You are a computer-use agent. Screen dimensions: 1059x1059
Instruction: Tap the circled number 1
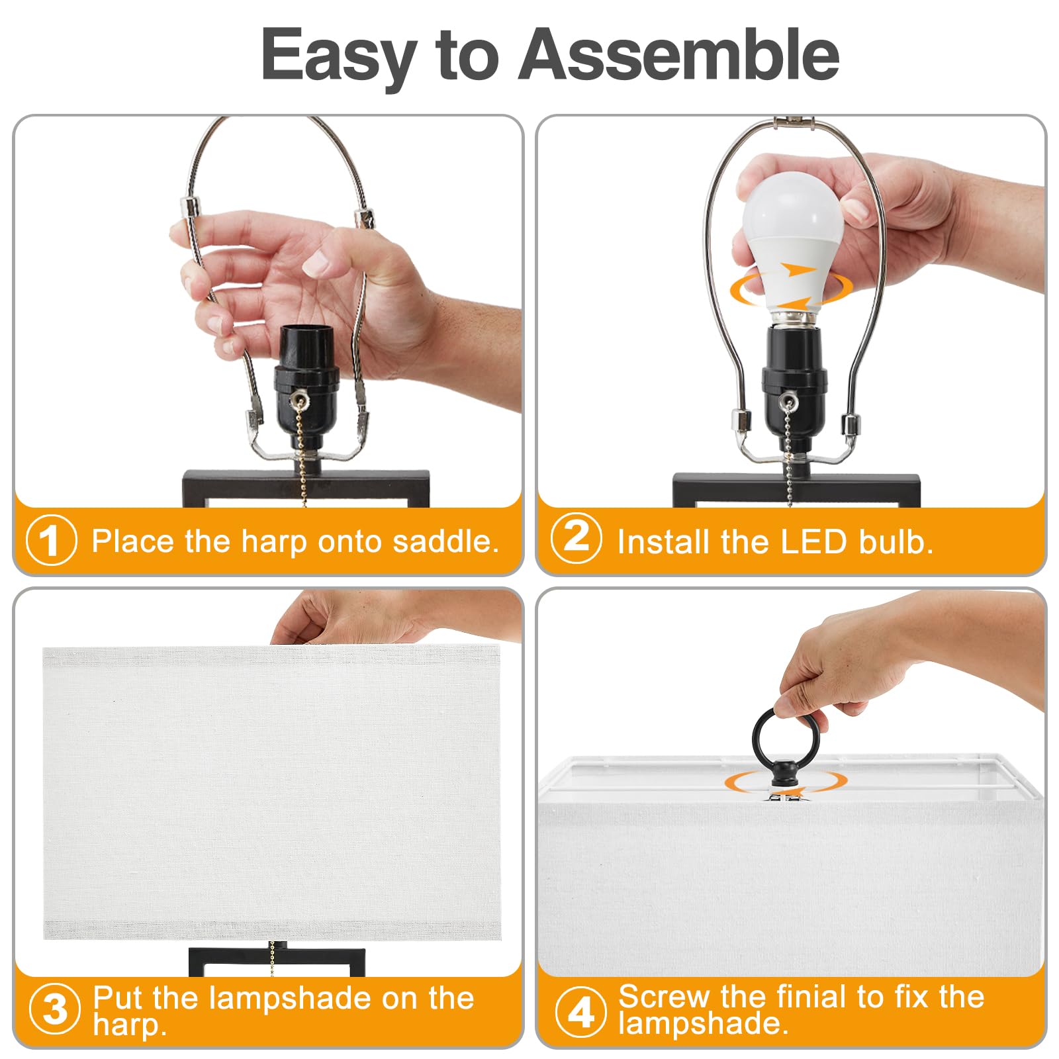tap(52, 540)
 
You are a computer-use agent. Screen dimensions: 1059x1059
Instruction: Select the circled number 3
tap(54, 1009)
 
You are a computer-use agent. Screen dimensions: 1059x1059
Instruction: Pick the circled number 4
tap(580, 1011)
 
